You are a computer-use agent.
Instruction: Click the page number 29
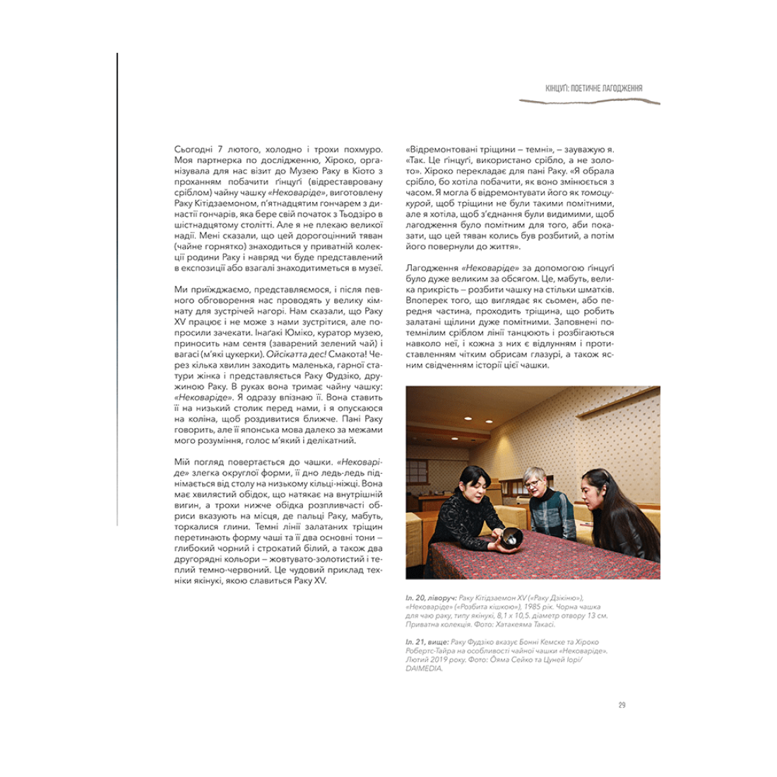click(622, 704)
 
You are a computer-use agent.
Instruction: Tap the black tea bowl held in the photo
click(511, 538)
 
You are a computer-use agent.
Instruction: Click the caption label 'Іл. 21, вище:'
click(427, 641)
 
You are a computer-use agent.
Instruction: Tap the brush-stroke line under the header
click(589, 102)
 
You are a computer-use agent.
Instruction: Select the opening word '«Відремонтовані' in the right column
click(444, 150)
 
